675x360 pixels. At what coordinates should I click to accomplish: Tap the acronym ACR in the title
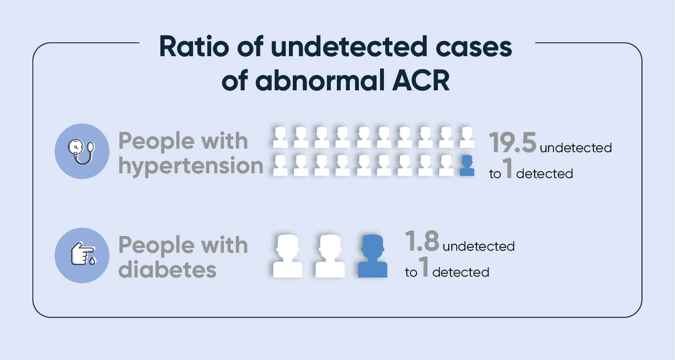tap(421, 81)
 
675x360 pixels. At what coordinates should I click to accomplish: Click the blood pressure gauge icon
tap(82, 151)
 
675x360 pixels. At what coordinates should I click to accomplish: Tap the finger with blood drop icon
tap(82, 255)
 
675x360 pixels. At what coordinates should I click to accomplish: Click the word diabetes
tap(168, 269)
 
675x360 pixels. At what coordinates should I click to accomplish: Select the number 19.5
tap(513, 143)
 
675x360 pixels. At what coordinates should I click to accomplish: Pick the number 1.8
tap(422, 241)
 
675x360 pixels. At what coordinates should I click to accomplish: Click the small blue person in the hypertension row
tap(467, 166)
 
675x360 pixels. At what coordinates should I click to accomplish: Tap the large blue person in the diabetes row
tap(373, 256)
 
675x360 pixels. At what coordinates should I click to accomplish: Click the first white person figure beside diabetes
tap(288, 256)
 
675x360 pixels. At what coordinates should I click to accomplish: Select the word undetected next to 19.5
tap(576, 148)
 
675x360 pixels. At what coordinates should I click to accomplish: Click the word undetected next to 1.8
tap(479, 246)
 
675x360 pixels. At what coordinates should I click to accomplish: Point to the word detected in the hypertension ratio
tap(545, 174)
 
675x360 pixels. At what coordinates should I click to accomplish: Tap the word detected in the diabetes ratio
tap(461, 272)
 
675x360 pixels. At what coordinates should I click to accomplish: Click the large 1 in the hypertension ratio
tap(508, 170)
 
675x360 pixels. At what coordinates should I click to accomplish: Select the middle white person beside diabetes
tap(330, 256)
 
